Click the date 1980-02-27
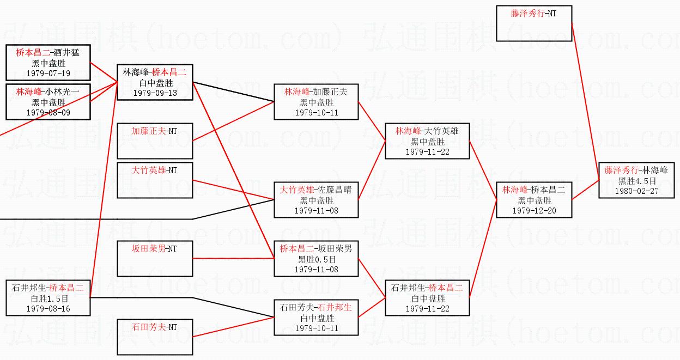(x=636, y=191)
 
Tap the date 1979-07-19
(x=48, y=73)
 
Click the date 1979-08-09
(x=48, y=113)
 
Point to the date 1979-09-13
(x=155, y=93)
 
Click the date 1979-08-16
(x=48, y=309)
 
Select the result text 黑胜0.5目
(x=317, y=260)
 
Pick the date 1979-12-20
(x=535, y=211)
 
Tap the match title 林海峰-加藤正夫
(x=316, y=91)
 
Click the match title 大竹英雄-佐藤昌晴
(x=315, y=190)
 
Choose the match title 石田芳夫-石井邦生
(x=315, y=308)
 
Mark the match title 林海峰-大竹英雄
(x=427, y=131)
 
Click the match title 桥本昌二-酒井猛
(x=47, y=52)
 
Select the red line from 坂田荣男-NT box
(x=233, y=259)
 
